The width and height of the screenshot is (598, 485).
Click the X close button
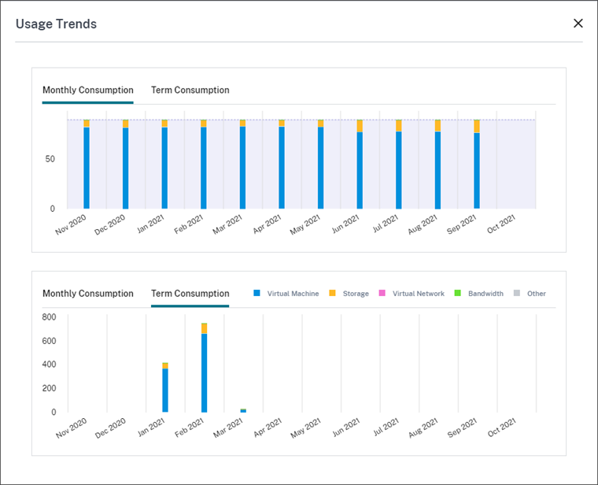click(578, 24)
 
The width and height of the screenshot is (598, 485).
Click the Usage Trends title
click(56, 24)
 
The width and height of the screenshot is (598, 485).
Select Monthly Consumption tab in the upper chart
click(88, 91)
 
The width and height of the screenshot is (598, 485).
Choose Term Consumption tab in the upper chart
click(190, 91)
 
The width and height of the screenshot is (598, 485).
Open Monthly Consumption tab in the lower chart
click(88, 294)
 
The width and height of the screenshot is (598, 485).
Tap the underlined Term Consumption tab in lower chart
click(190, 294)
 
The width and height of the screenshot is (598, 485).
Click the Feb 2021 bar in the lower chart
click(204, 370)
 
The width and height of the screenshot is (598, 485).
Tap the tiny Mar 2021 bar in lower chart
click(243, 410)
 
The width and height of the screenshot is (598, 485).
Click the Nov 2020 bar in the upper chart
click(87, 165)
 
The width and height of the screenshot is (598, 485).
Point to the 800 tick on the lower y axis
click(49, 317)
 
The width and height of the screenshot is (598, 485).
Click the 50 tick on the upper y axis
click(50, 159)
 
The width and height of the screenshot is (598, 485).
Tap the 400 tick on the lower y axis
click(49, 365)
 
